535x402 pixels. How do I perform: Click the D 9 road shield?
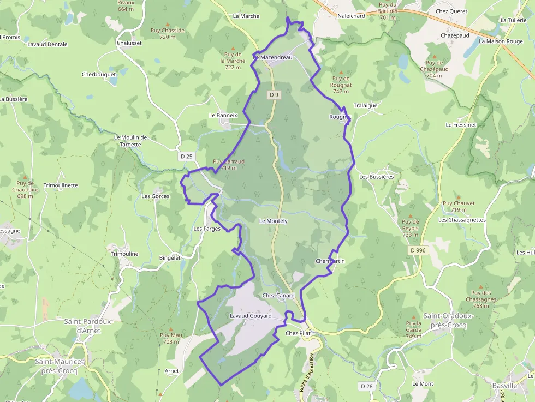pyautogui.click(x=274, y=95)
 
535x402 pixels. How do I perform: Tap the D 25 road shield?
pyautogui.click(x=187, y=157)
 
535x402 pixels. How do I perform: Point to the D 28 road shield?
pyautogui.click(x=367, y=386)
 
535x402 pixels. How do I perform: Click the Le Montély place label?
pyautogui.click(x=273, y=221)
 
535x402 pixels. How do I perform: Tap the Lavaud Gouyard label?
pyautogui.click(x=251, y=316)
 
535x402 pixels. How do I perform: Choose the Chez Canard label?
pyautogui.click(x=278, y=296)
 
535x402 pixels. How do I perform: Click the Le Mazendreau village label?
pyautogui.click(x=273, y=57)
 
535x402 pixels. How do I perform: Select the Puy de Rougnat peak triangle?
pyautogui.click(x=341, y=72)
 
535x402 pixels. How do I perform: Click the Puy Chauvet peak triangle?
pyautogui.click(x=458, y=197)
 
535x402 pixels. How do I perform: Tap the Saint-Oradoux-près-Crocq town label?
pyautogui.click(x=445, y=320)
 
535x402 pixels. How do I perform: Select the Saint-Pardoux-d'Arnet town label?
pyautogui.click(x=88, y=326)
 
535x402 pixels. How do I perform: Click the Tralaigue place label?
pyautogui.click(x=366, y=105)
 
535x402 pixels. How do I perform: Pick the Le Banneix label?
pyautogui.click(x=223, y=115)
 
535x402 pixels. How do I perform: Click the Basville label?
pyautogui.click(x=504, y=385)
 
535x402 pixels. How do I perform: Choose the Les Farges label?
pyautogui.click(x=207, y=229)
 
